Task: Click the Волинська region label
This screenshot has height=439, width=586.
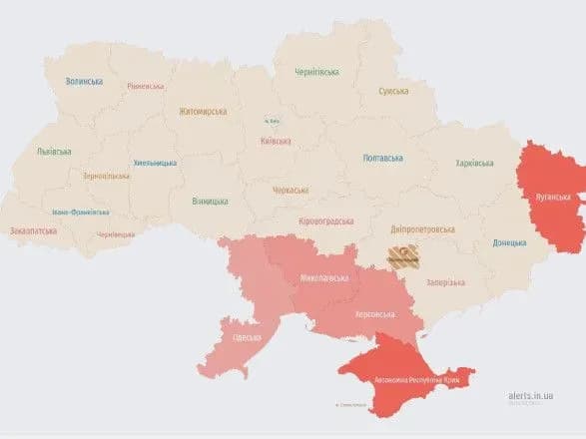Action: (84, 82)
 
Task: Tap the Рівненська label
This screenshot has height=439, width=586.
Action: (147, 86)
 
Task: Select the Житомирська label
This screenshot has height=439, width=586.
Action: (204, 112)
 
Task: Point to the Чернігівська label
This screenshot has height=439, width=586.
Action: (316, 72)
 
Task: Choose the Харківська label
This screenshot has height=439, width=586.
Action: (474, 163)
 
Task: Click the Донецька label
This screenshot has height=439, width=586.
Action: (511, 242)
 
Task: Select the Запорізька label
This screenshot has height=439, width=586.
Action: (445, 282)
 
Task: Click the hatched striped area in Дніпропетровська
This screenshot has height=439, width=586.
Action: (403, 257)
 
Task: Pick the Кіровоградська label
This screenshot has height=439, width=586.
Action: (324, 220)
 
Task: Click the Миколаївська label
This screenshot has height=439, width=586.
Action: (324, 279)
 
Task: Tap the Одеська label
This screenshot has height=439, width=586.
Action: (246, 337)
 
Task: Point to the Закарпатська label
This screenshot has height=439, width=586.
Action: (34, 230)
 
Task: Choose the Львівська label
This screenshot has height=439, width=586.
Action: (53, 152)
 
